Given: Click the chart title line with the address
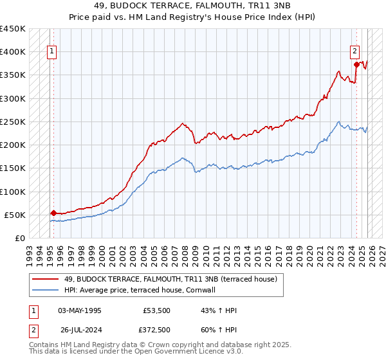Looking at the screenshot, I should point(193,6).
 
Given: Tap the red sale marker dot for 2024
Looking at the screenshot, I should point(356,64).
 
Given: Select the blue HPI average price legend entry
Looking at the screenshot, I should point(139,291).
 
